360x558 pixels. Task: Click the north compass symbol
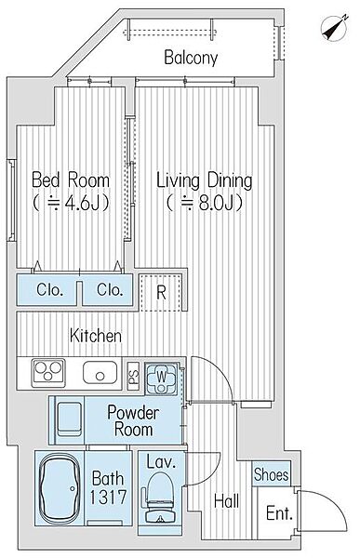(335, 28)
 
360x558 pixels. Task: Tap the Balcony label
(191, 58)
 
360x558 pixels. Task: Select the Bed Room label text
(71, 179)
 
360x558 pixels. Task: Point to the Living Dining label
(205, 180)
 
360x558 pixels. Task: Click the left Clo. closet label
(49, 290)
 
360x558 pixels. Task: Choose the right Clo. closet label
(110, 290)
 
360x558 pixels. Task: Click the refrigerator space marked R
(161, 292)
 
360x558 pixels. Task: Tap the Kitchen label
(96, 336)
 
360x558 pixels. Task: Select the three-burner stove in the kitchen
(48, 373)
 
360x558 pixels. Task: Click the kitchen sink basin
(100, 373)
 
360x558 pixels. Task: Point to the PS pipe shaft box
(133, 376)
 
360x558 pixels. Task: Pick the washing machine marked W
(161, 379)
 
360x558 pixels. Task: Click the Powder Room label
(133, 420)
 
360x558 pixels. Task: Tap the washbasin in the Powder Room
(70, 420)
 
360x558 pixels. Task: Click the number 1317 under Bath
(108, 497)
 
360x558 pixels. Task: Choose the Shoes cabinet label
(271, 474)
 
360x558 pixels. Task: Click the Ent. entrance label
(279, 513)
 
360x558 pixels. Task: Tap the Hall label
(226, 501)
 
